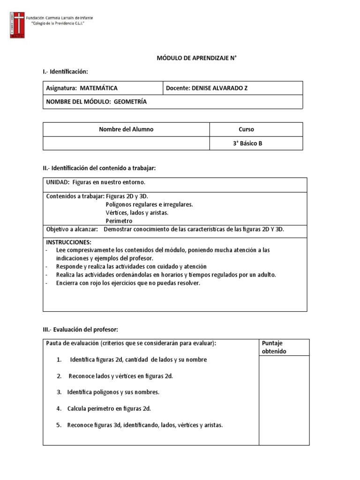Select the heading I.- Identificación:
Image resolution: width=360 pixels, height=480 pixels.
(x=65, y=71)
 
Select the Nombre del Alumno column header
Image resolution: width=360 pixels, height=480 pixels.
(x=126, y=129)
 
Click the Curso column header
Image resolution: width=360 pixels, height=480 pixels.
(x=246, y=129)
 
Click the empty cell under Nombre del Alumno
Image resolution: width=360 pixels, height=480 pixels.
(x=126, y=143)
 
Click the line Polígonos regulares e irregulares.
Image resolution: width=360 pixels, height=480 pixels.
(x=149, y=205)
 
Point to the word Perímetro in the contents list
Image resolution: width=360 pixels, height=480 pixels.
(x=119, y=221)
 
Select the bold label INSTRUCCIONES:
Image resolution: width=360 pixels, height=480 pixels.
(x=68, y=242)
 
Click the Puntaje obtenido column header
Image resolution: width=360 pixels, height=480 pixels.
(x=275, y=347)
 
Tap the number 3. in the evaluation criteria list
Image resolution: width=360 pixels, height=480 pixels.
(x=59, y=392)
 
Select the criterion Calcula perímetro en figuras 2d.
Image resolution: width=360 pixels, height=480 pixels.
(x=109, y=409)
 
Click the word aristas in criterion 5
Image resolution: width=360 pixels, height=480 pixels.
(x=212, y=426)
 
